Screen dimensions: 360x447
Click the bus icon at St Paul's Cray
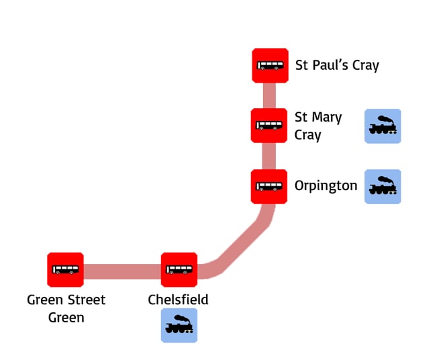pos(270,66)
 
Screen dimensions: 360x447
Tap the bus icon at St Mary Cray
pos(269,126)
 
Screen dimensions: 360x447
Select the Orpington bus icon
pos(269,186)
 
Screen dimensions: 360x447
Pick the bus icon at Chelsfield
pos(179,270)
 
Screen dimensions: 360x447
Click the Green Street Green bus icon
pos(65,270)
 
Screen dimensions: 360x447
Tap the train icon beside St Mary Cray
pos(383,126)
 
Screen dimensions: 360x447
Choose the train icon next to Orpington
pos(383,186)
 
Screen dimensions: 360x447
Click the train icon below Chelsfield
pos(179,325)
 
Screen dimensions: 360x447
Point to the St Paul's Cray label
pos(337,66)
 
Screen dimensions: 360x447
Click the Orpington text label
pos(326,186)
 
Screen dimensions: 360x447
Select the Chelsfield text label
pos(178,300)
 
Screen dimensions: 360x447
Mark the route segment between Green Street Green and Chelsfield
pos(122,271)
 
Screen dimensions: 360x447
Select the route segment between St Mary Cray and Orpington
pos(269,156)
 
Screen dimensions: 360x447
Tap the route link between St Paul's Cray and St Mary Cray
pos(269,95)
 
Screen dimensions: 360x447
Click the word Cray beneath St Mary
pos(307,135)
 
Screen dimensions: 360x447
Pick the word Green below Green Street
pos(66,317)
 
